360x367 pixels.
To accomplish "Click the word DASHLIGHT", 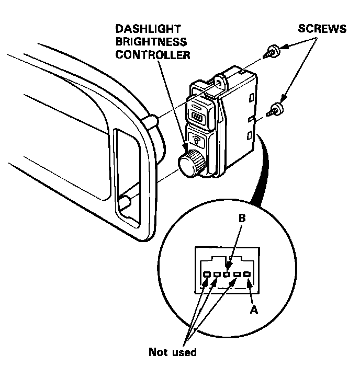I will (x=148, y=30).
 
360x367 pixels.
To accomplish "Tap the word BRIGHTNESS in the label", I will (x=151, y=42).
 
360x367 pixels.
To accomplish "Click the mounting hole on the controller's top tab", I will (x=219, y=82).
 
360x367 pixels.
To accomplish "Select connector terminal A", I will (x=248, y=274).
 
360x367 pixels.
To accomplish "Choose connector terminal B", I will (x=227, y=274).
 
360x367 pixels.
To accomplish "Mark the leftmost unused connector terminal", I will (x=207, y=274).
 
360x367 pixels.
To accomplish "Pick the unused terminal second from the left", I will (x=217, y=274).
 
